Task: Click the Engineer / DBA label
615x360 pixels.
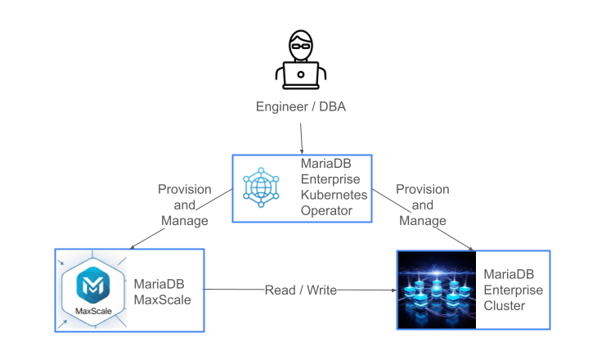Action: tap(301, 107)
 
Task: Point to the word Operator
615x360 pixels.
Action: tap(325, 210)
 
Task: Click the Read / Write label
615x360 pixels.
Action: tap(300, 290)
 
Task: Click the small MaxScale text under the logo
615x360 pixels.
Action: tap(92, 311)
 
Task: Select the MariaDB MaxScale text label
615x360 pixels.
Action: tap(163, 291)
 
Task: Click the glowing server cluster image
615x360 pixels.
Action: tap(437, 290)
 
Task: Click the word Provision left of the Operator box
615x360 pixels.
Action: tap(184, 189)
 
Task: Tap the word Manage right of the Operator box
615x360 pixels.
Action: tap(422, 221)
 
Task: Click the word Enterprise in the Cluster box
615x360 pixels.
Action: tap(513, 290)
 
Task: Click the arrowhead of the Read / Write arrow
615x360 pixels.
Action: tap(393, 290)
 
